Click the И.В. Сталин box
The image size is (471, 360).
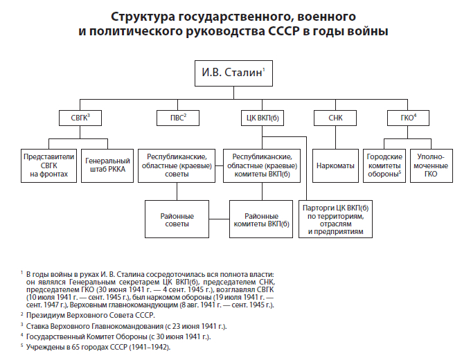234,72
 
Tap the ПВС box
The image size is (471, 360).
175,118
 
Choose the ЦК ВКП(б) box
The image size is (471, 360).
262,118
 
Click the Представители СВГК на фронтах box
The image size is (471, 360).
48,166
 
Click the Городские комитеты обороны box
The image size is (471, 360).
383,166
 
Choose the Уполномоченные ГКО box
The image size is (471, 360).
432,166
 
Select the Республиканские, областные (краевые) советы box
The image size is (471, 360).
175,166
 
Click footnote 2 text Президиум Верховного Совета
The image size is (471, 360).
90,315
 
